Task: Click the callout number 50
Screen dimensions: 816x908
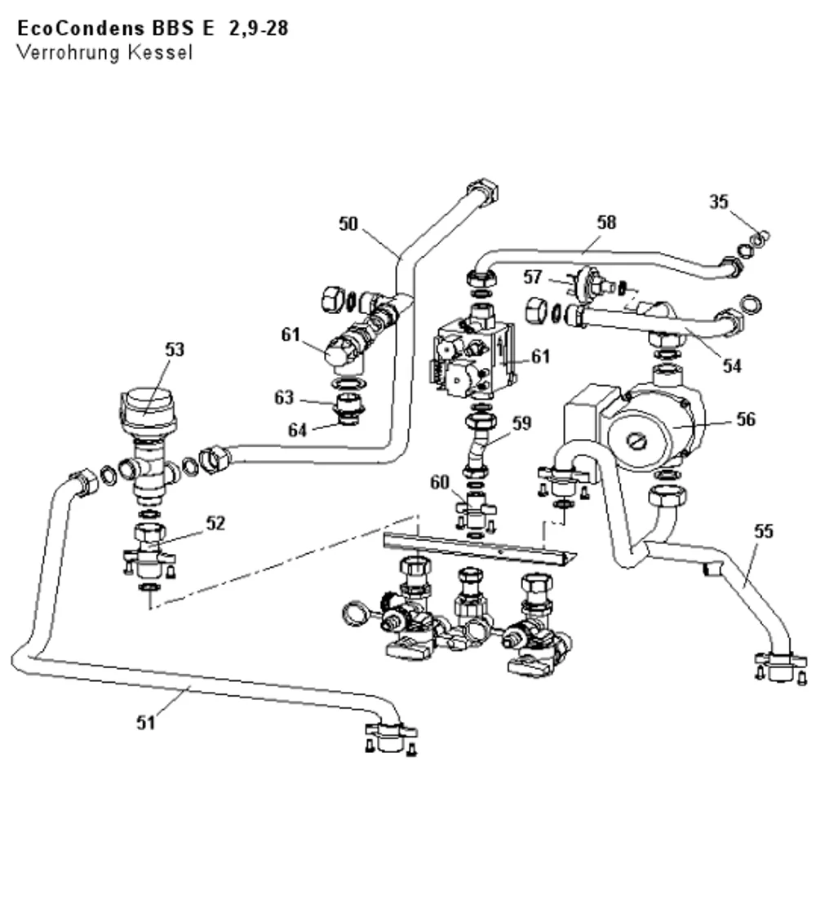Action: pos(348,224)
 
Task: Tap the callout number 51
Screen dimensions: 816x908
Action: pos(146,722)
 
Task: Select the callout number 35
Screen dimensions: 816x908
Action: pos(719,202)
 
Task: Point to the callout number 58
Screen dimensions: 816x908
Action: pos(606,222)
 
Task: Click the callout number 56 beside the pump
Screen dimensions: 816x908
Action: pos(746,419)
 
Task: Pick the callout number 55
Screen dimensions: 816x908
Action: pos(764,531)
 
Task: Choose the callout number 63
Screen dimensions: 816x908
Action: pos(284,397)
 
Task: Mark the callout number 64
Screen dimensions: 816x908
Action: pos(297,430)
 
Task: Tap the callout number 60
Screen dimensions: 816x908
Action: pos(440,482)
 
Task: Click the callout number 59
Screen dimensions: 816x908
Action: pos(521,423)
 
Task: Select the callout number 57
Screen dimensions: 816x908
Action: pos(532,277)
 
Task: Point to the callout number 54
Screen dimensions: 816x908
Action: pos(732,365)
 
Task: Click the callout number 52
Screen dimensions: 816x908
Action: pos(215,523)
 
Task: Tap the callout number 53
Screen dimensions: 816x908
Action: pos(175,349)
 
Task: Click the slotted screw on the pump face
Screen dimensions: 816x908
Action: pos(636,442)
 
